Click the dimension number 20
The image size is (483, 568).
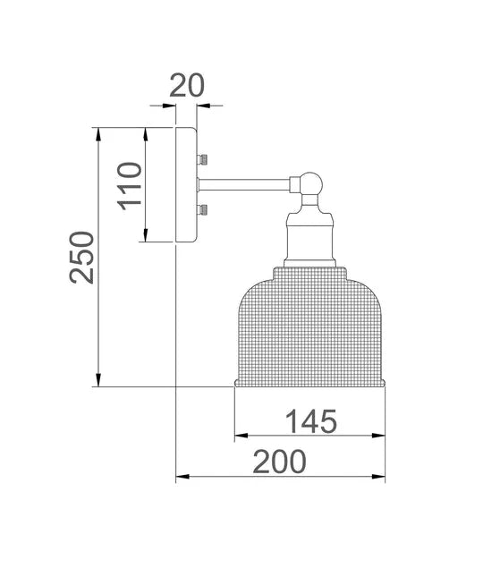187,85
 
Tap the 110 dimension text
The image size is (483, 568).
131,185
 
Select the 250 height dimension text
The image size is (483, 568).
81,257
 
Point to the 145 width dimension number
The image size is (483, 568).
310,420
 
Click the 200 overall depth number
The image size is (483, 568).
279,462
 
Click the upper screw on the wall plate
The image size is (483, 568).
203,159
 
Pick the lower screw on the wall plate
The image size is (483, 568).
203,210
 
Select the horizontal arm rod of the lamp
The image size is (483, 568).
243,184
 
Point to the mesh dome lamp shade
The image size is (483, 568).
309,326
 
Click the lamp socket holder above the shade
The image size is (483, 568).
309,237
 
